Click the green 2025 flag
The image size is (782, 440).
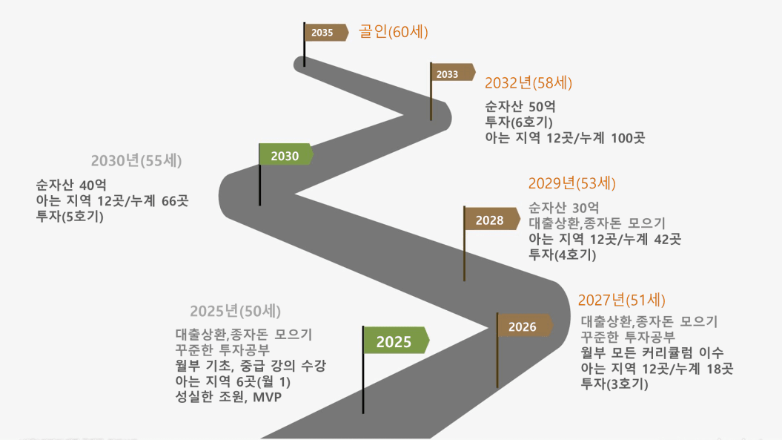tap(396, 341)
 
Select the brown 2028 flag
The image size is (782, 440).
tap(491, 219)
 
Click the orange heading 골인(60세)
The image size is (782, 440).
tap(393, 32)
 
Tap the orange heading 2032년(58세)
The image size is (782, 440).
tap(528, 83)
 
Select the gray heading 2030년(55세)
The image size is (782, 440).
tap(136, 161)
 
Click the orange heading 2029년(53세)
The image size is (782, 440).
tap(572, 183)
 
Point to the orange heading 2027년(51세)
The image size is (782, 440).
tap(621, 300)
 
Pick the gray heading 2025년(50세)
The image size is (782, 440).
tap(236, 311)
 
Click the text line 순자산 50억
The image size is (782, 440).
tap(520, 106)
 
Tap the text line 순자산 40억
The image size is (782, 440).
tap(71, 185)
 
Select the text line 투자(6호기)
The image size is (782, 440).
tap(519, 122)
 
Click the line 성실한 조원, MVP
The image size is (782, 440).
tap(228, 397)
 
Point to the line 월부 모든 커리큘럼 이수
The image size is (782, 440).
tap(652, 352)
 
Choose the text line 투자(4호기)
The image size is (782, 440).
tap(562, 255)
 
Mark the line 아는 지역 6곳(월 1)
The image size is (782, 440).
tap(233, 381)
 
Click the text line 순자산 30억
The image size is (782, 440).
tap(563, 207)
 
